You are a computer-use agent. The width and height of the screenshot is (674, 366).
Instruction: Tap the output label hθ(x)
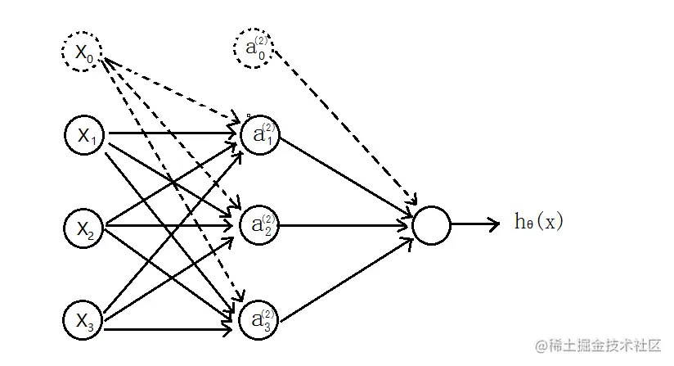point(539,222)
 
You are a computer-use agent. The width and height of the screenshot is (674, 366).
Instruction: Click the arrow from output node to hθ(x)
point(475,224)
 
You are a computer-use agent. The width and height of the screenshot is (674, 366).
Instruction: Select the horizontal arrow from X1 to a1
point(173,133)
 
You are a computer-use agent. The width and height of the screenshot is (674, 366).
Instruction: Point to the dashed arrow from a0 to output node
point(346,128)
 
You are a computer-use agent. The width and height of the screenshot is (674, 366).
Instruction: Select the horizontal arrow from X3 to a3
point(168,330)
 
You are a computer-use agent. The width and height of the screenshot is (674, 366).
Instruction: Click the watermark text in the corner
point(598,346)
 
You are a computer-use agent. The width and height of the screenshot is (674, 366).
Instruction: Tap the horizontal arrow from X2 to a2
point(169,225)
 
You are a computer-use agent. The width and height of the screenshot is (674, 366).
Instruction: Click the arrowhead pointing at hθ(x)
point(495,224)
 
